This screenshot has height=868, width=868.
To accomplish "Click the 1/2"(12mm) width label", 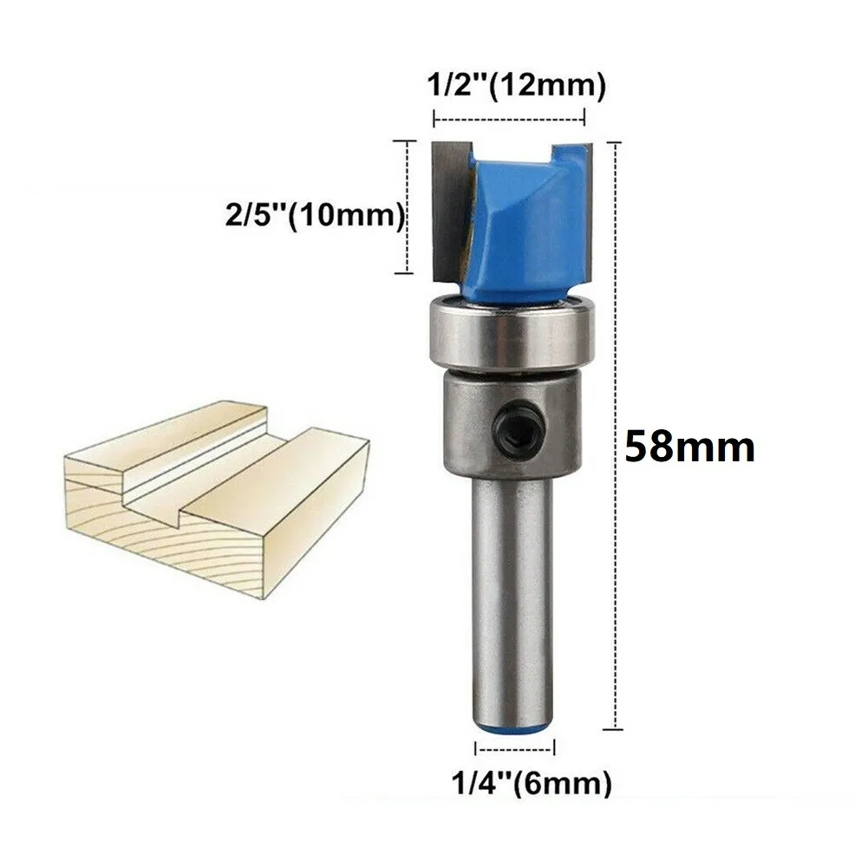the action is [x=516, y=86].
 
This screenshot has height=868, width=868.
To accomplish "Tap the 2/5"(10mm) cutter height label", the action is [x=316, y=215].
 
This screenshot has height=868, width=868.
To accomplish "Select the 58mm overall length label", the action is [x=689, y=447].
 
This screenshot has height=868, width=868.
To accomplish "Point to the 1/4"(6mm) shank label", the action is [x=532, y=783].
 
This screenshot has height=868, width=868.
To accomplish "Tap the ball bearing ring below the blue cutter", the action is [x=511, y=331].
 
